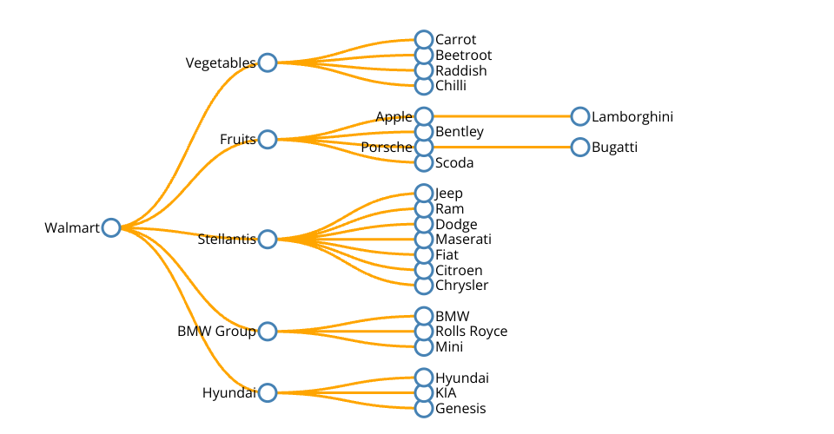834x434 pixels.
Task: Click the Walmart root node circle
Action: click(110, 227)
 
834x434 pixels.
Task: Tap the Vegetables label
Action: click(221, 63)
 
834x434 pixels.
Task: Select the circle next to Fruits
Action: click(268, 140)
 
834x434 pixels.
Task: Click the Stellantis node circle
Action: click(268, 240)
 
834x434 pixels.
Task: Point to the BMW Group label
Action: click(216, 332)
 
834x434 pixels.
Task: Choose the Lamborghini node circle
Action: click(580, 116)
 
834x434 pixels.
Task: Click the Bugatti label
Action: click(614, 148)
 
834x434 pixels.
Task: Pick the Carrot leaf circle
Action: click(424, 40)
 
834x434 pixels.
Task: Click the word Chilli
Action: click(451, 86)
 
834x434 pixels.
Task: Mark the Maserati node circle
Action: click(424, 240)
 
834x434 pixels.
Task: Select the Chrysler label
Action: click(461, 286)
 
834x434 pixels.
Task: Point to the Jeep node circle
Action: click(424, 193)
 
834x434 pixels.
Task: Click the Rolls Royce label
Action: click(471, 332)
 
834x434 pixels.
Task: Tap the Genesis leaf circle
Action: click(424, 409)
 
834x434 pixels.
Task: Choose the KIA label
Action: click(446, 393)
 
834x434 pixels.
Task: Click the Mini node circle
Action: click(424, 347)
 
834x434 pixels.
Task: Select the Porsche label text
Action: click(387, 148)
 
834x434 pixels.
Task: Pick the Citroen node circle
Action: click(424, 270)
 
